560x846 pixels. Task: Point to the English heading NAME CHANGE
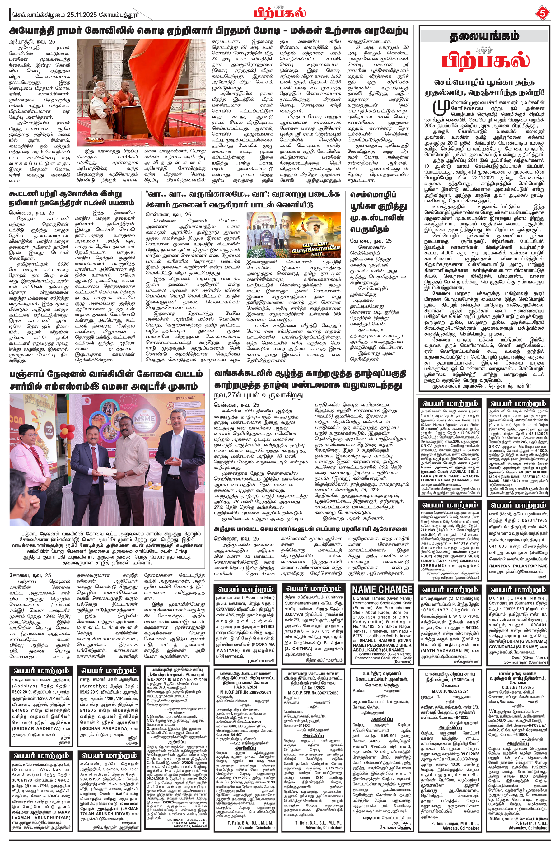382,589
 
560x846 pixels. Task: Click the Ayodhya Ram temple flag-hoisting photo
141,92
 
